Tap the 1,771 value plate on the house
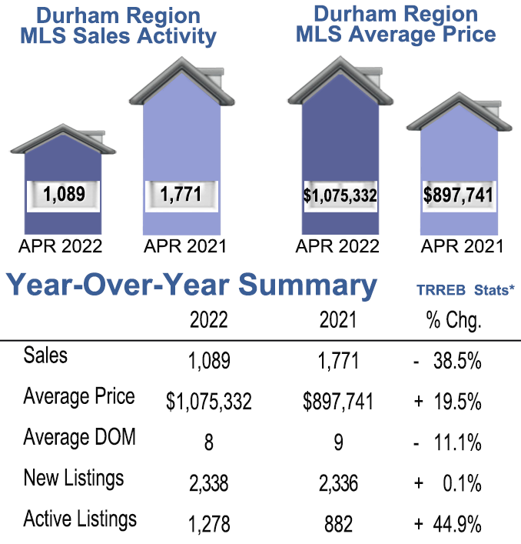tap(181, 194)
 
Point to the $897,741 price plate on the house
tap(458, 195)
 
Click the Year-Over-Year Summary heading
tap(192, 285)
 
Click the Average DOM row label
tap(79, 437)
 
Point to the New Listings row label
tap(73, 478)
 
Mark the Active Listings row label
tap(80, 519)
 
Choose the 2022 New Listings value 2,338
tap(208, 483)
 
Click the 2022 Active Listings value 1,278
tap(208, 525)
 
